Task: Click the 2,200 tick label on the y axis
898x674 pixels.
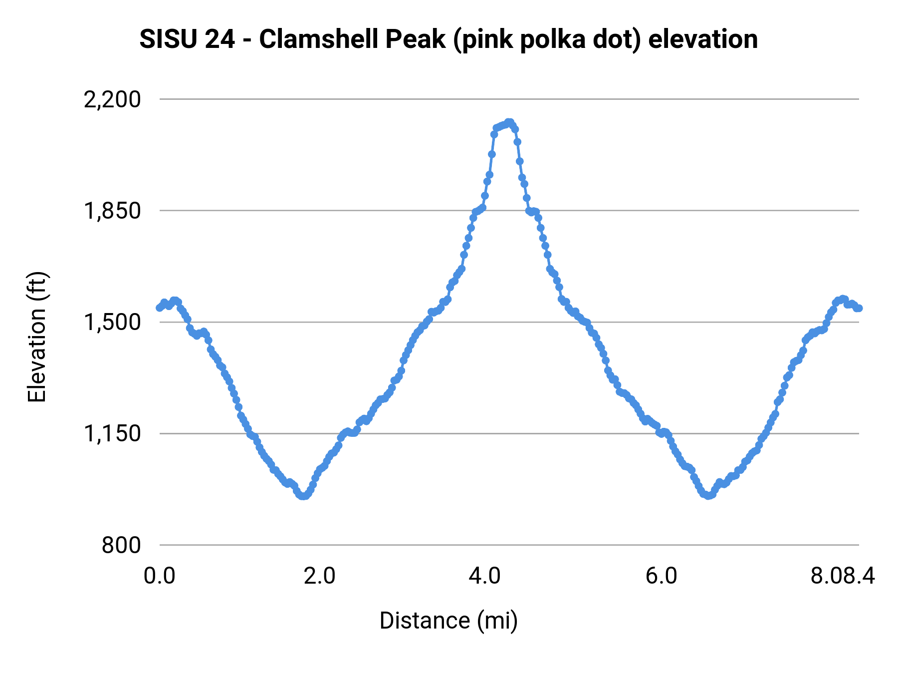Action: click(x=112, y=100)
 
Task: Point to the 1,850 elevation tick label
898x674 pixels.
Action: click(x=112, y=211)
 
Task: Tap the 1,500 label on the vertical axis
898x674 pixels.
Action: click(x=112, y=323)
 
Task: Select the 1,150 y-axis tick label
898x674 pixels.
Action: click(x=112, y=434)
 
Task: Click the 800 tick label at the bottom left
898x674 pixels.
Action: click(x=121, y=545)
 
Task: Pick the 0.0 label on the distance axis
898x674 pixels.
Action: click(x=159, y=576)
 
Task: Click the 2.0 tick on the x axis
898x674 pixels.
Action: click(x=319, y=576)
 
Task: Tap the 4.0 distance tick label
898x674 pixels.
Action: click(x=484, y=576)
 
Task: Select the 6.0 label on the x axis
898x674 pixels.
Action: click(x=661, y=576)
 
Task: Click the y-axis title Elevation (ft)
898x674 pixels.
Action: click(x=37, y=337)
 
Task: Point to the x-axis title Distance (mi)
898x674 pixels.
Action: click(x=449, y=621)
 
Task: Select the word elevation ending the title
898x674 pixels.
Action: click(x=703, y=39)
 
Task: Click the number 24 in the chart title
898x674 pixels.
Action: click(x=220, y=39)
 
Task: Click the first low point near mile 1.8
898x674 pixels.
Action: click(x=303, y=496)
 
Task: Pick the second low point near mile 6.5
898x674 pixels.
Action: click(x=707, y=495)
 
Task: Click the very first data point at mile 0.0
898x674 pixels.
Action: click(x=160, y=308)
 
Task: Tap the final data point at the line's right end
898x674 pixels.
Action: click(x=859, y=308)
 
